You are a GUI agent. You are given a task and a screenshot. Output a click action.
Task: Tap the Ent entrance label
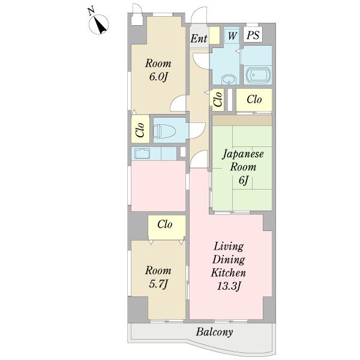199,38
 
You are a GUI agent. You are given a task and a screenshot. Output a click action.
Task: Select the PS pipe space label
253,35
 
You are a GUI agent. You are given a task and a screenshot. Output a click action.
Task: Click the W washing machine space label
232,36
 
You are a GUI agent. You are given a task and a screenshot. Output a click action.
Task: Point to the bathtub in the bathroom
258,75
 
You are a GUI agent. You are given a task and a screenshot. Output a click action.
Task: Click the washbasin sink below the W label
228,79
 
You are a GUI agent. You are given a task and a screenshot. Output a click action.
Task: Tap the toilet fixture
164,131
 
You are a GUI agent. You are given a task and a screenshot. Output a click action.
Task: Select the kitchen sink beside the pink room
142,154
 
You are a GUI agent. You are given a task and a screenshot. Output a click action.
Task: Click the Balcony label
214,332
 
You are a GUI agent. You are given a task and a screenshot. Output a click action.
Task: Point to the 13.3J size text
229,286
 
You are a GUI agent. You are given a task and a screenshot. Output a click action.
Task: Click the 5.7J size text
158,284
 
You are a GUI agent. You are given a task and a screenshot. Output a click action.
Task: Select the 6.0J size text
158,77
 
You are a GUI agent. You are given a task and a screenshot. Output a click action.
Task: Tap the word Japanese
243,154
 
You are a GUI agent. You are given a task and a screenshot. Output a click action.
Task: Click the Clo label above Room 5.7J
165,224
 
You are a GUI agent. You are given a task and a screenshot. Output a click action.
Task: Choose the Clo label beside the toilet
140,130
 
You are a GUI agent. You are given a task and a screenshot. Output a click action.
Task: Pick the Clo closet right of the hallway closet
254,100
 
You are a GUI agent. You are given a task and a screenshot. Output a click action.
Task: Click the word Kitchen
229,273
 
